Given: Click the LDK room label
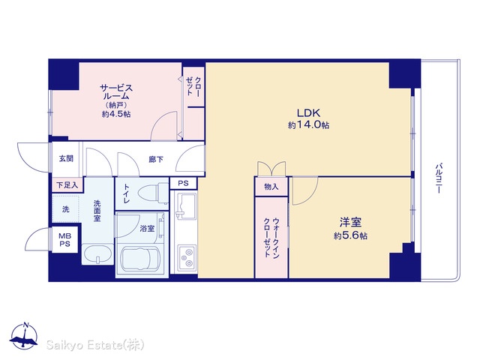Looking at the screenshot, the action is [308, 113].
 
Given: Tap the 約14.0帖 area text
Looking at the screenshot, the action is [308, 125].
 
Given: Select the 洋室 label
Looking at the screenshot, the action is [350, 222].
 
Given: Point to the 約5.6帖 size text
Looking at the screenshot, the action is [350, 235].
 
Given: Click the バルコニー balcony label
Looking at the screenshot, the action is [438, 178].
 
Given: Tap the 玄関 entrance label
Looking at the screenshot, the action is [66, 158].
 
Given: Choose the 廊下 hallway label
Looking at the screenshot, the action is [156, 159].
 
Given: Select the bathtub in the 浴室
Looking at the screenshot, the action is [140, 259].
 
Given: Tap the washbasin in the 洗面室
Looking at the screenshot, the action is [97, 253].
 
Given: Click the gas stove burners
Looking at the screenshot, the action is [187, 257].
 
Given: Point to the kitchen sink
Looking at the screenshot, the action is [185, 206].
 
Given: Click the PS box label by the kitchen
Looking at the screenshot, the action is [183, 183].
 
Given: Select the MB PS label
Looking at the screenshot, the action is [65, 240].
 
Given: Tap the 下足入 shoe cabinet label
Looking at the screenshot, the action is [67, 185].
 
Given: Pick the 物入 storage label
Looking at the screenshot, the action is [271, 187].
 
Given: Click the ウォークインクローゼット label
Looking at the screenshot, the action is [271, 238].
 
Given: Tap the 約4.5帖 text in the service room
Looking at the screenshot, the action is [116, 114].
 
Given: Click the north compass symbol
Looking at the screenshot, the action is [24, 336].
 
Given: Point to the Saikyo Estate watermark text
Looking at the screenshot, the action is [95, 345].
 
